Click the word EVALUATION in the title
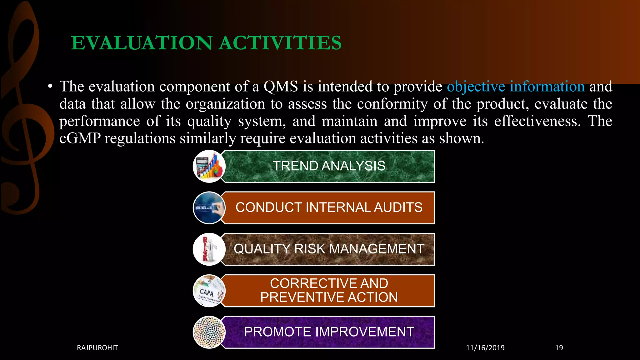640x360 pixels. click(142, 43)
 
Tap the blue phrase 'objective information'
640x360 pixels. click(516, 87)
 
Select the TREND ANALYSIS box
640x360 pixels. click(329, 166)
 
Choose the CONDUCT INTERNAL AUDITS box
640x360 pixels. click(329, 207)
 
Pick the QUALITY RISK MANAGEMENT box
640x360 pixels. click(329, 249)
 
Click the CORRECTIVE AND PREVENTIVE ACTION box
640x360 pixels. click(329, 290)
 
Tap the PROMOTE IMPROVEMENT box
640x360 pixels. click(329, 332)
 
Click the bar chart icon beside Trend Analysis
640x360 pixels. click(209, 166)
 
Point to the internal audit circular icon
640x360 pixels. click(209, 208)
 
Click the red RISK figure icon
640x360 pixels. click(209, 249)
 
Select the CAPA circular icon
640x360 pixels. click(209, 291)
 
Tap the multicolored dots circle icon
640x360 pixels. click(209, 332)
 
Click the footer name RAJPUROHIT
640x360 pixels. click(97, 348)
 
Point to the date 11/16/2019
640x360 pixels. click(485, 348)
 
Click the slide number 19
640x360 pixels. click(559, 348)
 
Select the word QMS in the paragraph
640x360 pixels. click(281, 87)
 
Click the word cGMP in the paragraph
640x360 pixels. click(80, 138)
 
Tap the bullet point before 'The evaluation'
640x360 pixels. click(50, 87)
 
